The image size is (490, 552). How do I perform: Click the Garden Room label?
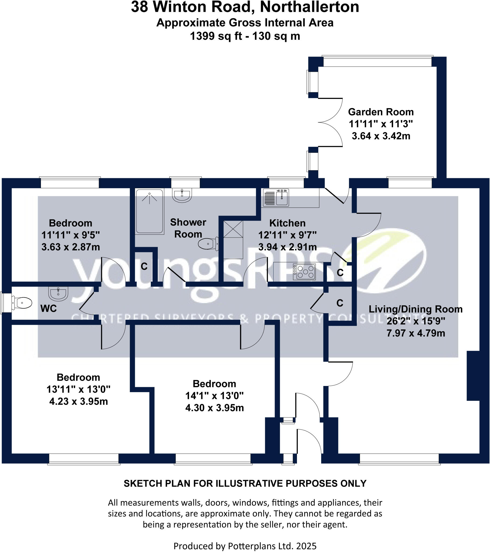tap(380, 112)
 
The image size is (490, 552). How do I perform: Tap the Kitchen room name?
tap(287, 223)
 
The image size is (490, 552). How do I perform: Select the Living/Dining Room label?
tap(415, 309)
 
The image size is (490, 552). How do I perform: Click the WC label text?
tap(48, 308)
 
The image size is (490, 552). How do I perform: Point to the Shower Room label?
tap(188, 228)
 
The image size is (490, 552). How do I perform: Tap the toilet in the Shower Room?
tap(208, 244)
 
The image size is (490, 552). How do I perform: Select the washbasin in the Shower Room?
tap(182, 195)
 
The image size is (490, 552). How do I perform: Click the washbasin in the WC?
tap(58, 293)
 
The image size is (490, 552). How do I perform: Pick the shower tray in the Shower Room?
tap(149, 211)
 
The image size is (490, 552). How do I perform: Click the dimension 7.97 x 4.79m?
tap(415, 333)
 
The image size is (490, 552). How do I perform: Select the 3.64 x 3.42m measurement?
tap(381, 136)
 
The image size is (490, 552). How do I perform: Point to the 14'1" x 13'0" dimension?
tap(214, 396)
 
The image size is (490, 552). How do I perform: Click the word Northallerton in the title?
tap(309, 7)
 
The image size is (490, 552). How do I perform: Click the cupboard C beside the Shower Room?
tap(144, 267)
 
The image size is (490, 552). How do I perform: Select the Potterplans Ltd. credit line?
tap(245, 546)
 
